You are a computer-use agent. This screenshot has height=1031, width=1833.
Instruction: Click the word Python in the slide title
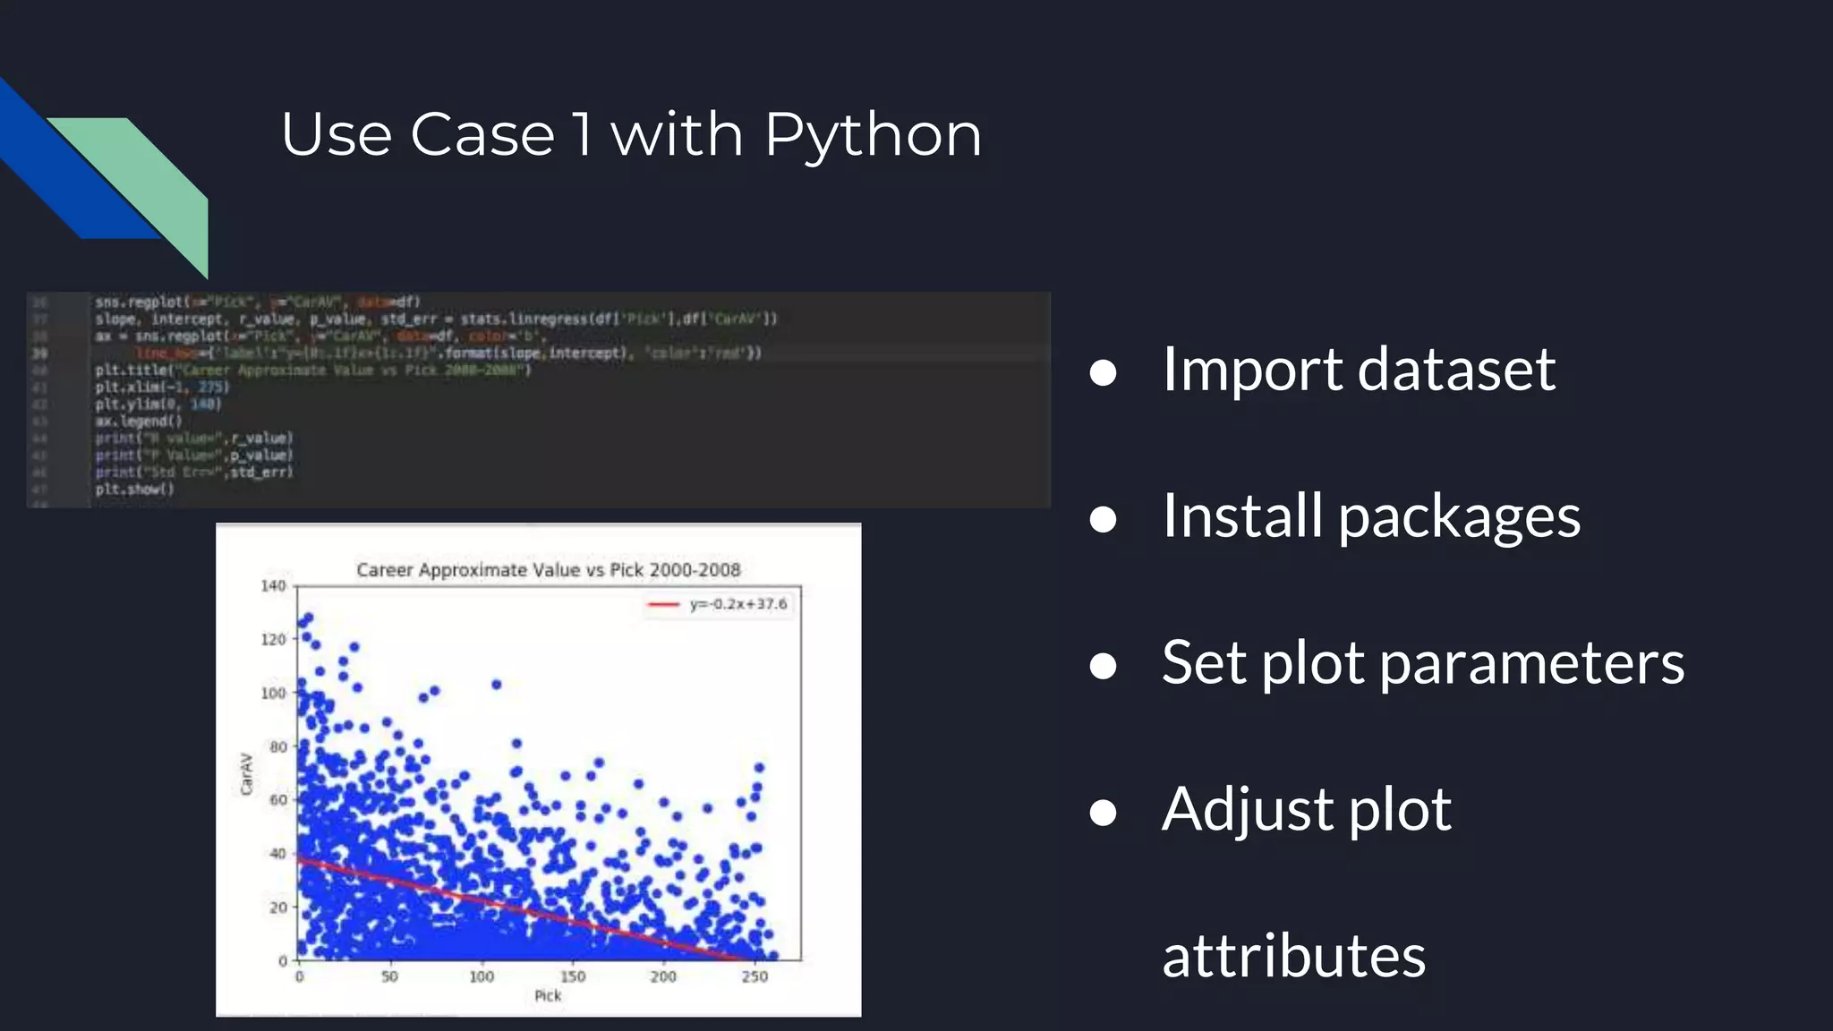click(x=873, y=136)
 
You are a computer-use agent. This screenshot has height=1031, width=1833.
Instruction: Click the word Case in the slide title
click(x=482, y=136)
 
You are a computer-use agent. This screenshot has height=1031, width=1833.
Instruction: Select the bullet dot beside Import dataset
click(x=1103, y=372)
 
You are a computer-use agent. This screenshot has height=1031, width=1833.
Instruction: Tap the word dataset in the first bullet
click(x=1456, y=369)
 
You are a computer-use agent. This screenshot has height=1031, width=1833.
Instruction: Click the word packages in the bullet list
click(x=1459, y=517)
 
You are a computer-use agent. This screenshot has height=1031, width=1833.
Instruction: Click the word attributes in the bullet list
click(x=1293, y=956)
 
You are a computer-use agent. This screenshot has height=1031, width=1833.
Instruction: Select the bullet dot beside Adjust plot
click(x=1103, y=812)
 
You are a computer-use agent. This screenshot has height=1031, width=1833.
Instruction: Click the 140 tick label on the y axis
click(x=273, y=586)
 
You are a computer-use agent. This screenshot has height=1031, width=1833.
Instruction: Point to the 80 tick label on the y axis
click(x=277, y=746)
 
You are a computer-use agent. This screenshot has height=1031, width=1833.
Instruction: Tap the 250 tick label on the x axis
click(x=755, y=976)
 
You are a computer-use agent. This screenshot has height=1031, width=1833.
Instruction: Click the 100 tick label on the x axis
click(x=482, y=976)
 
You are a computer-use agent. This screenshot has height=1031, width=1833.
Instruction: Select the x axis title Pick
click(x=548, y=995)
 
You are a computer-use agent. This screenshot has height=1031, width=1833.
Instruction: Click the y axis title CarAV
click(x=247, y=773)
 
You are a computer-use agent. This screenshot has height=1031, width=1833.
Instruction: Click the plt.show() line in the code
click(x=135, y=490)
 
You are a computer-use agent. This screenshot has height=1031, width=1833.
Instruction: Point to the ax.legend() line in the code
click(x=139, y=421)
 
